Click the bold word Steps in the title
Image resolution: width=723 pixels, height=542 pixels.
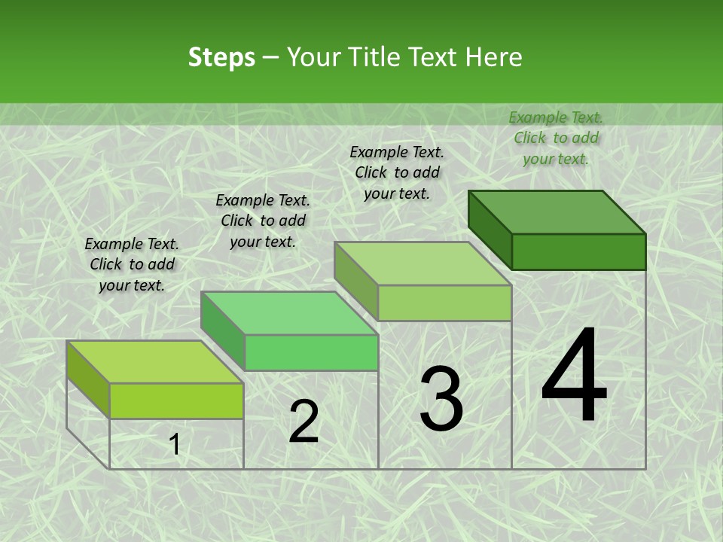pyautogui.click(x=221, y=57)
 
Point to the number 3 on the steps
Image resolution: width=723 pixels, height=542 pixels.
pyautogui.click(x=441, y=398)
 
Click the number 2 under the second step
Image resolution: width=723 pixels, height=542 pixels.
pyautogui.click(x=304, y=422)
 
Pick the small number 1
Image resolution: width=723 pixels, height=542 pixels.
pyautogui.click(x=175, y=445)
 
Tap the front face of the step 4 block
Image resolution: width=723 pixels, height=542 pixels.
pyautogui.click(x=578, y=251)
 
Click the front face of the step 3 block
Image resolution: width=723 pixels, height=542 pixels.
pyautogui.click(x=444, y=303)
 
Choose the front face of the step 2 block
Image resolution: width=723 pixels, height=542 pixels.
pyautogui.click(x=311, y=352)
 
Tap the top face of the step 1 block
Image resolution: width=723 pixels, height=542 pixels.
pyautogui.click(x=155, y=362)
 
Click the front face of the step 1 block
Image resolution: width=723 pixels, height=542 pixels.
pyautogui.click(x=176, y=400)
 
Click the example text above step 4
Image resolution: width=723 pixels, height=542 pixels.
pyautogui.click(x=556, y=138)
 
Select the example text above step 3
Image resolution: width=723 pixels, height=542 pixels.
pyautogui.click(x=397, y=172)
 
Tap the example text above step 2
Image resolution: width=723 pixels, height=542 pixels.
pyautogui.click(x=263, y=221)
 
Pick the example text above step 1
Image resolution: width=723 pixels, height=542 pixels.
pyautogui.click(x=132, y=264)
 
